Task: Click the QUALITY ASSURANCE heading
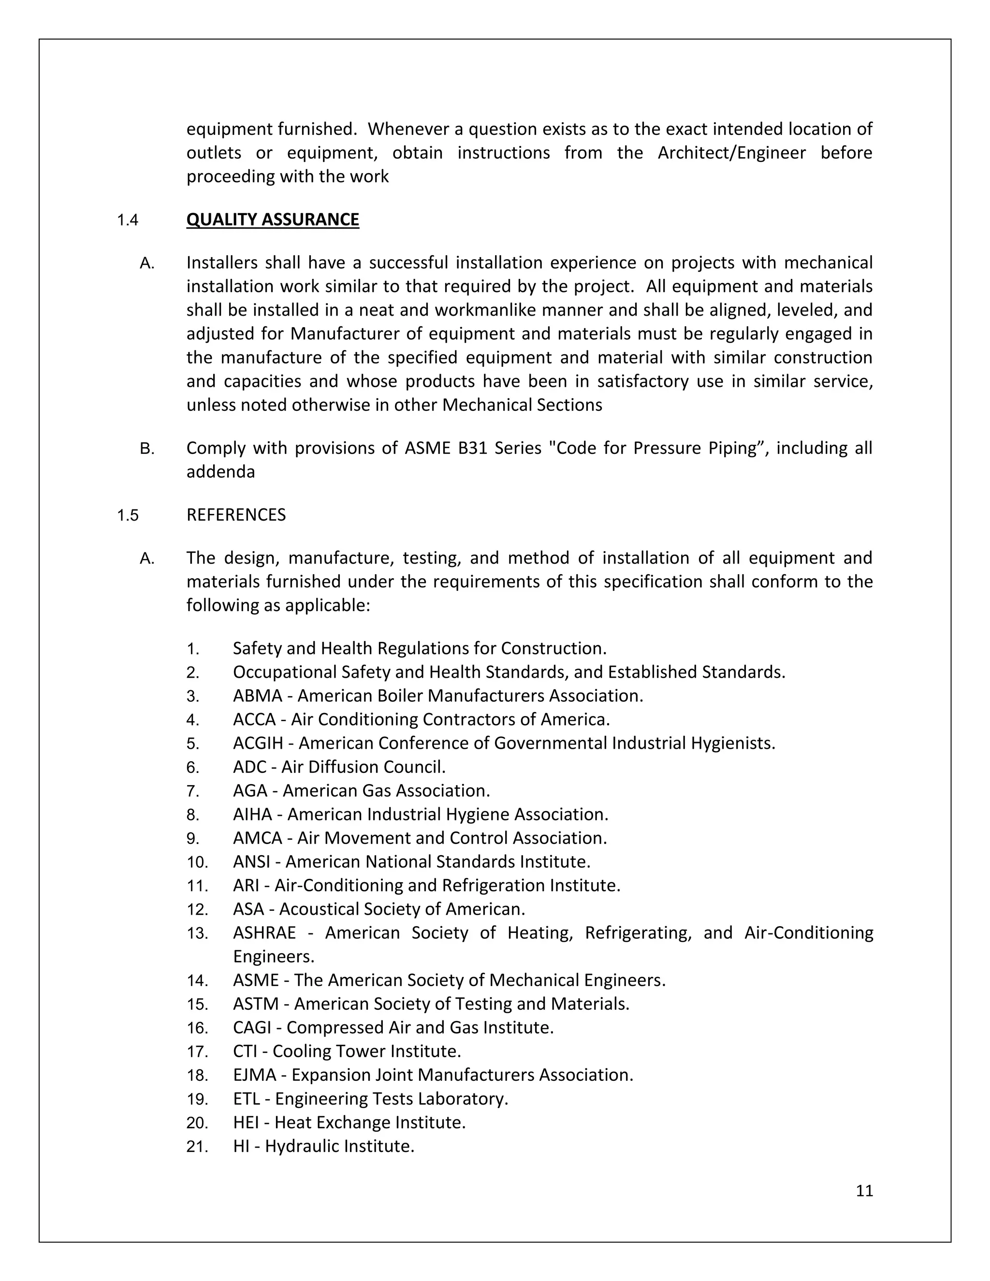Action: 272,219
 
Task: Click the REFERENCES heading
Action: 236,514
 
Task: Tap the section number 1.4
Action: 127,220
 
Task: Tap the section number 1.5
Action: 127,516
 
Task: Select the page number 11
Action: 864,1190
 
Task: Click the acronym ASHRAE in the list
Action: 264,932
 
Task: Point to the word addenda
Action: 220,472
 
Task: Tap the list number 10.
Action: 197,862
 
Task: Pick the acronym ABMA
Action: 258,696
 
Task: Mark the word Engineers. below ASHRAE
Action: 273,957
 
